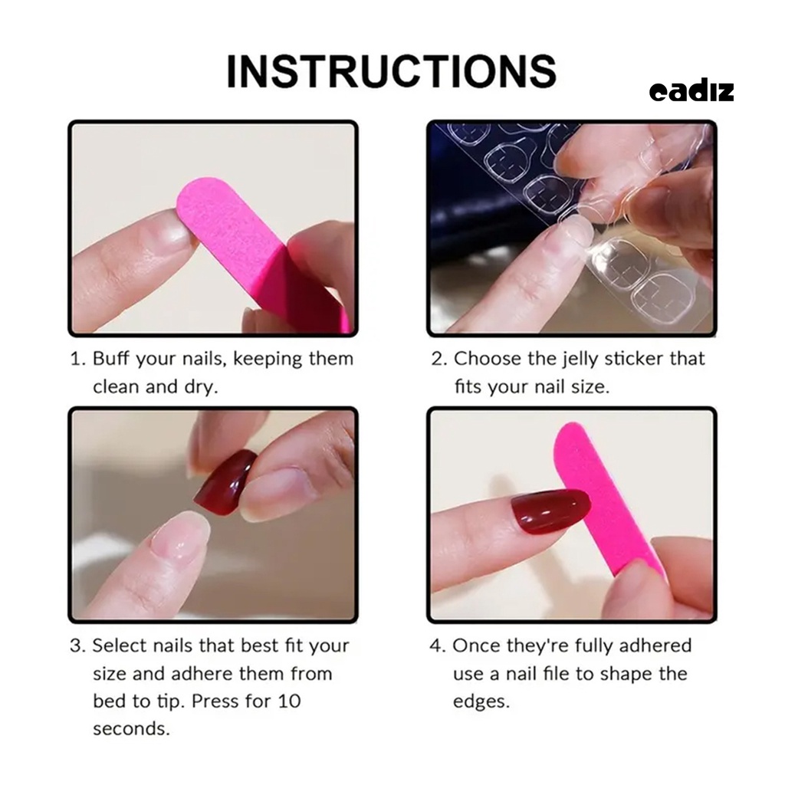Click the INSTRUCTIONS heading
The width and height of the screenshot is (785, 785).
[x=391, y=71]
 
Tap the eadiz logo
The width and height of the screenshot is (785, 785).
[x=691, y=91]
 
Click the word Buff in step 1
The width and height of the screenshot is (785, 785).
[x=110, y=359]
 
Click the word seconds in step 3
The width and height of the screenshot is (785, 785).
[x=131, y=728]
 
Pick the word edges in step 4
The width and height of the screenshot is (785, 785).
[x=481, y=701]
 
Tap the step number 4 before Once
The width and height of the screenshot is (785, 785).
[x=437, y=645]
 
